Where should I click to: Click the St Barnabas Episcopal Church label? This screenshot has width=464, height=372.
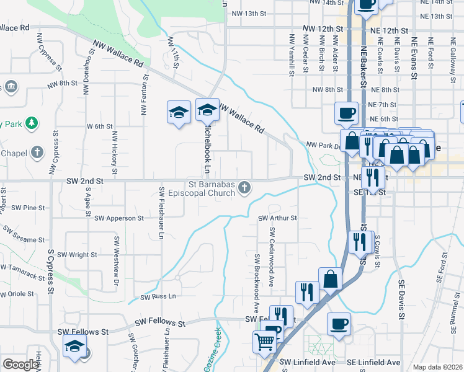tap(212, 187)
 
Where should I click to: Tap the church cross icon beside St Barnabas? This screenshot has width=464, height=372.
tap(245, 187)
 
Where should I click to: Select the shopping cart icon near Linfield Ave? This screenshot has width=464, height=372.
tap(265, 341)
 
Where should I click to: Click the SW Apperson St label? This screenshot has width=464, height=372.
tap(119, 218)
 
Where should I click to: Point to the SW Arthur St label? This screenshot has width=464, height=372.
tap(278, 218)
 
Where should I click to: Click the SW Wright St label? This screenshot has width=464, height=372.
tap(77, 254)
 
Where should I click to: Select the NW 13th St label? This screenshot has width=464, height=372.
tap(248, 13)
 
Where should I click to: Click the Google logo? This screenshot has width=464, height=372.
tap(21, 365)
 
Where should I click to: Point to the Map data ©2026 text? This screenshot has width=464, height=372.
tap(437, 367)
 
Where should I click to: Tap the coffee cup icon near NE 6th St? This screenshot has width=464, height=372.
tap(347, 113)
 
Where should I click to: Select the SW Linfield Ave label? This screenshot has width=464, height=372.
tap(307, 362)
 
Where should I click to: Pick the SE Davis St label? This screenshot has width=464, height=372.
tap(402, 299)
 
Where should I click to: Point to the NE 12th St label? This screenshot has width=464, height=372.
tap(389, 30)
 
